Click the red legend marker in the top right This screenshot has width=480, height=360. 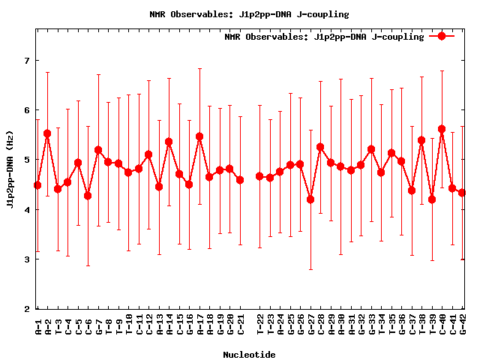(x=442, y=36)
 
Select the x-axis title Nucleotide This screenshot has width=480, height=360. (x=249, y=354)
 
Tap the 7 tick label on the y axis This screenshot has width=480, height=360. (x=27, y=60)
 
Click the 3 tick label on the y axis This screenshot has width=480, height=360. (x=27, y=259)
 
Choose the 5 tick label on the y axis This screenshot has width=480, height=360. (x=27, y=160)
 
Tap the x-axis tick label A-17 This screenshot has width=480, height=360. (x=200, y=328)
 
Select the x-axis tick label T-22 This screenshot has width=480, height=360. (x=260, y=328)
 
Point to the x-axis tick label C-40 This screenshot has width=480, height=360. (x=442, y=328)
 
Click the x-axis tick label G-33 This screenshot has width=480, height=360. (x=372, y=328)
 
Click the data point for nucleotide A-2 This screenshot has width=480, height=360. (x=47, y=133)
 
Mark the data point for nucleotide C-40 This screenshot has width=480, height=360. (x=442, y=129)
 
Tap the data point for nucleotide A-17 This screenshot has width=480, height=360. (x=199, y=136)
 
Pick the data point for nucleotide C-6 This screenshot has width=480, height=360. (x=88, y=196)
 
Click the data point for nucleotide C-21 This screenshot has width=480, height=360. (x=240, y=180)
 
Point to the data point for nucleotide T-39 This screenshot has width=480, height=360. (x=432, y=199)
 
